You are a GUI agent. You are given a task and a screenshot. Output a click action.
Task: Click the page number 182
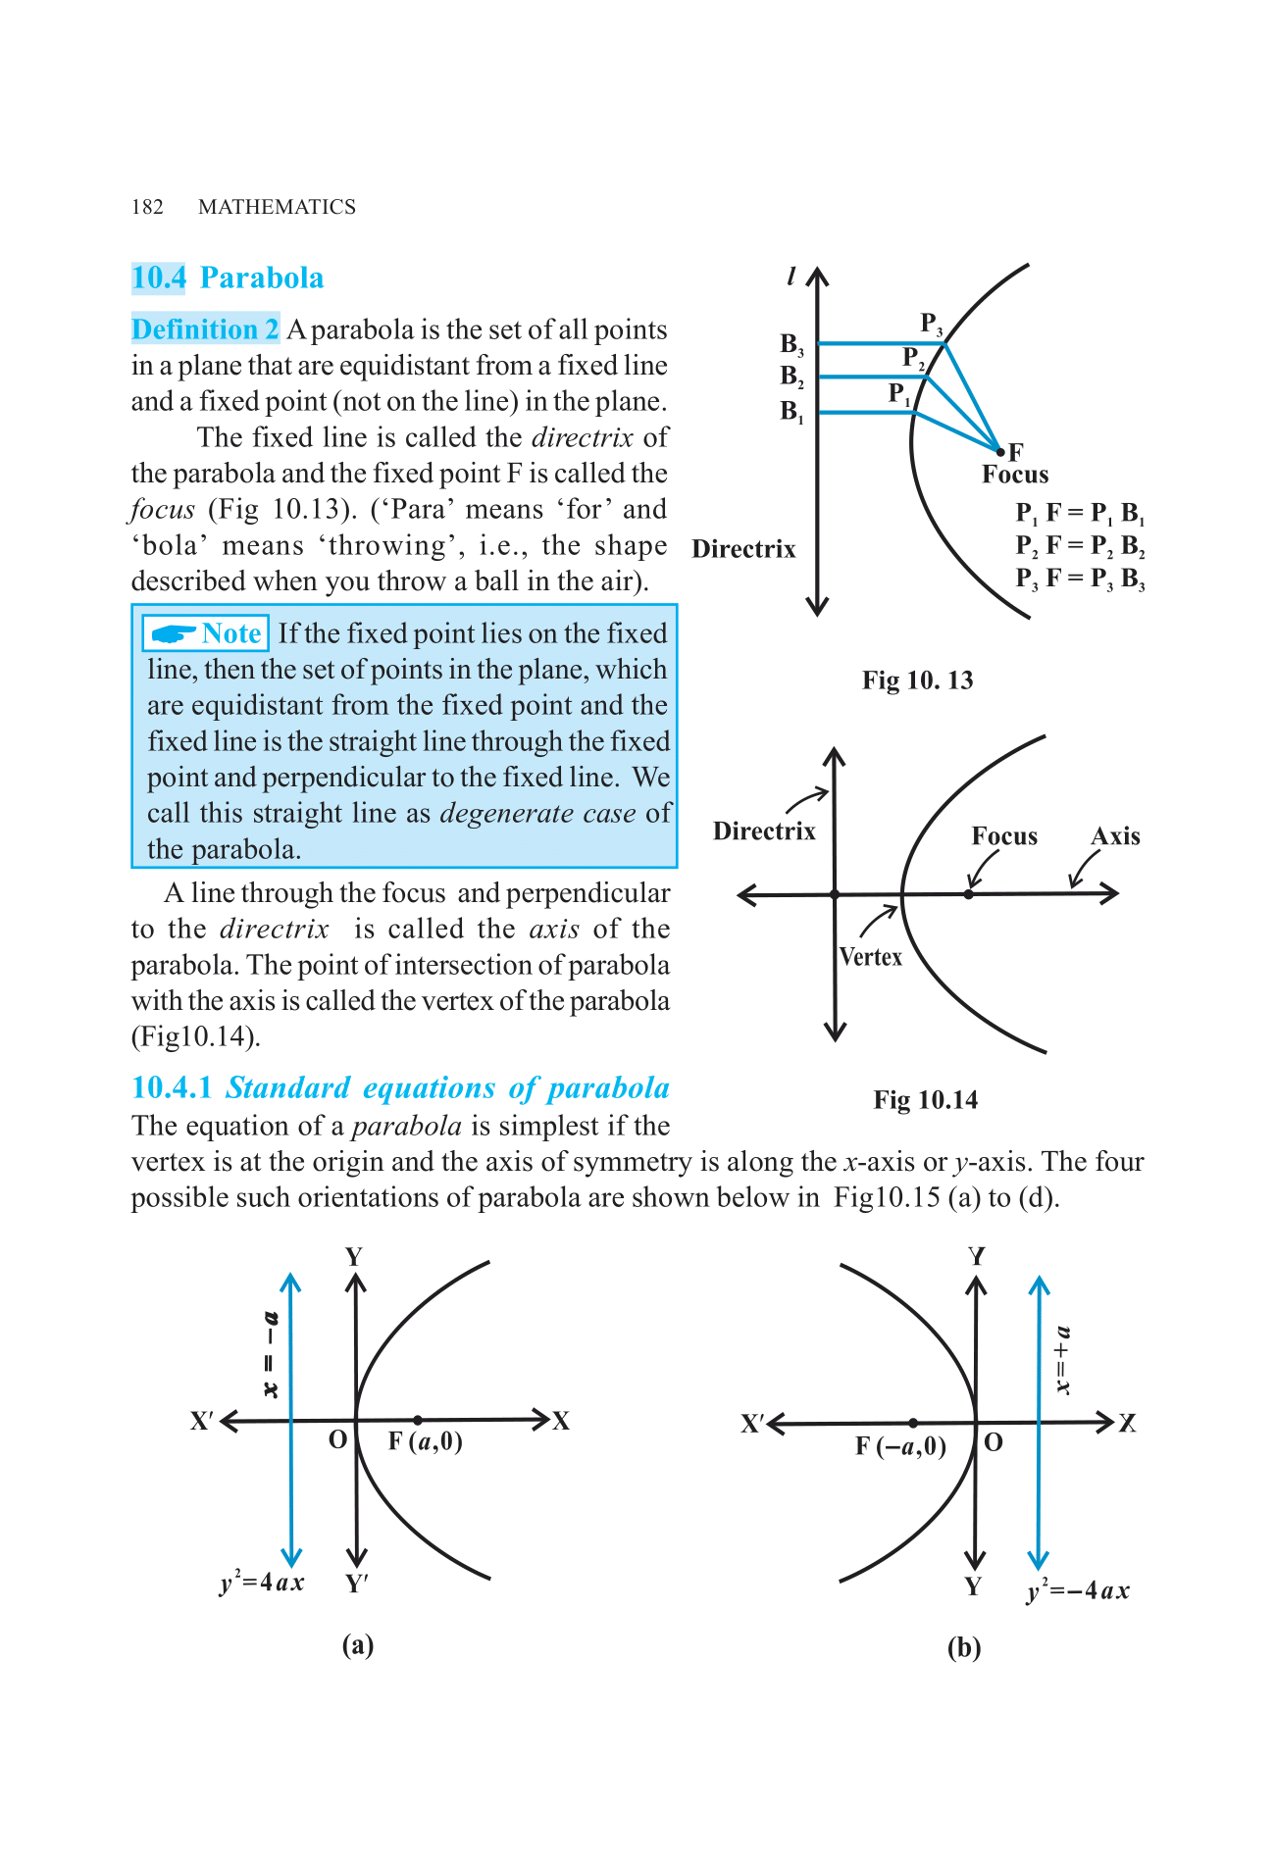[147, 207]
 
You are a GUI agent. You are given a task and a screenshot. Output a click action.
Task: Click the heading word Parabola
[261, 278]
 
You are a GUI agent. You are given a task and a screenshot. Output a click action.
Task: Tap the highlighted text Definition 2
[205, 329]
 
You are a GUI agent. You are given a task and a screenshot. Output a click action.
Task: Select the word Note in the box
[231, 633]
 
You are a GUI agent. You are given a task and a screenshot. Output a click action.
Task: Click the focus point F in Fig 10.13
[1000, 452]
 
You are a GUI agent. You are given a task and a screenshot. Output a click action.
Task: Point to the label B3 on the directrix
[791, 344]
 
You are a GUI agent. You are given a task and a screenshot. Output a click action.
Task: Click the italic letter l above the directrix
[791, 277]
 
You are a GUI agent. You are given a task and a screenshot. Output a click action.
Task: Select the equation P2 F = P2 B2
[1080, 545]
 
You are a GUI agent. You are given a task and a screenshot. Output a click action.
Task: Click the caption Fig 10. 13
[917, 680]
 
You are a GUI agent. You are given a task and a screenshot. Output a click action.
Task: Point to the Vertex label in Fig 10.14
[871, 957]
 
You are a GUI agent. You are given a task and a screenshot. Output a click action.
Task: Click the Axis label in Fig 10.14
[1115, 836]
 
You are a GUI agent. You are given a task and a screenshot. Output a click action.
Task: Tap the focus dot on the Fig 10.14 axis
[969, 894]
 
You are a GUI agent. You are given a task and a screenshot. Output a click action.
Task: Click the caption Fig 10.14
[925, 1100]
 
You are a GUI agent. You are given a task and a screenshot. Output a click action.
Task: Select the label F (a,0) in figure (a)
[425, 1441]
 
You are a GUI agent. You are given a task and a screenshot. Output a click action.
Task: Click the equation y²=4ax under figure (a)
[262, 1583]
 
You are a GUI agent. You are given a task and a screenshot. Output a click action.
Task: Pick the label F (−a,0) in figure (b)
[900, 1446]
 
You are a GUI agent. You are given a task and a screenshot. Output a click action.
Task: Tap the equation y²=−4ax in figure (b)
[1078, 1590]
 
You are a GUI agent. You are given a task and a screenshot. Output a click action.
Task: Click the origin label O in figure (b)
[994, 1442]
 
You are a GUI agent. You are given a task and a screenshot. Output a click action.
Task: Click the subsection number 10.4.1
[172, 1088]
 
